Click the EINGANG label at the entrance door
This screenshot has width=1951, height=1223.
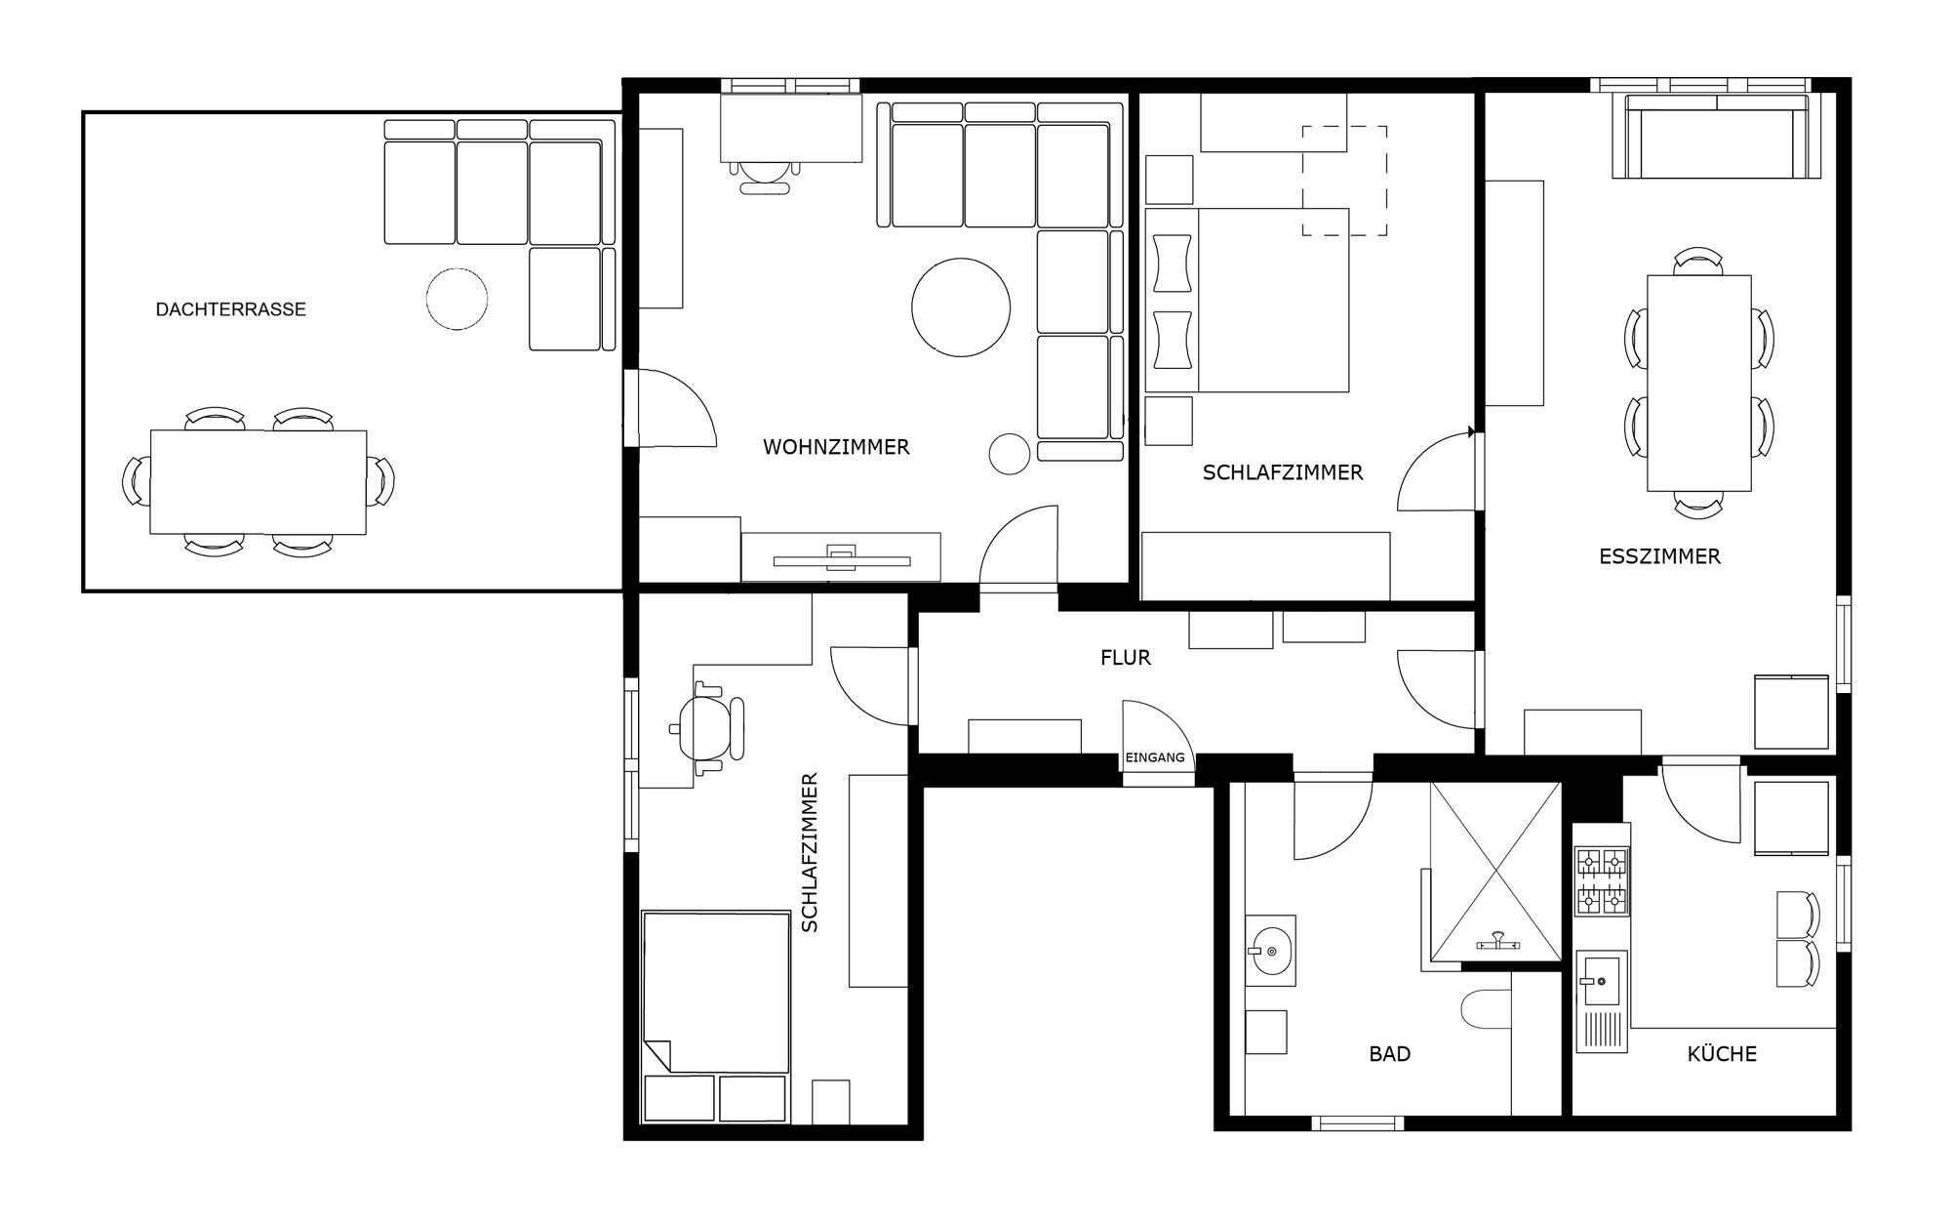point(1155,757)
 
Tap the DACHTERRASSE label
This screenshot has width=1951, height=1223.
point(231,309)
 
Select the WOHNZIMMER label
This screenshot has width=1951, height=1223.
point(836,447)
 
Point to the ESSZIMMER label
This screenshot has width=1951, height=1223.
point(1659,556)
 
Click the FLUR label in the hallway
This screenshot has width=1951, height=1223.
point(1126,658)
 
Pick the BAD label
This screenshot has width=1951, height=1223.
point(1390,1054)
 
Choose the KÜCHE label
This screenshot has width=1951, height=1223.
point(1722,1054)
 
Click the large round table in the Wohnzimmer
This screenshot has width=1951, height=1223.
point(961,307)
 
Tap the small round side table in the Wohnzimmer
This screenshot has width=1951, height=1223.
point(1010,454)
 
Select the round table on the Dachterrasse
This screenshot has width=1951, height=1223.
point(457,299)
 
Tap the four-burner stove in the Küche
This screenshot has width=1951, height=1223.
point(1602,881)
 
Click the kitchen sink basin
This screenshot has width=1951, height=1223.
point(1601,980)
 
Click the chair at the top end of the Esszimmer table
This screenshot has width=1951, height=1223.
point(1698,262)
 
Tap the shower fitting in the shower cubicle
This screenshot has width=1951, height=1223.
point(1497,943)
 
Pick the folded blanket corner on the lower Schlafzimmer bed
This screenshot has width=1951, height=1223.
point(657,1053)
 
